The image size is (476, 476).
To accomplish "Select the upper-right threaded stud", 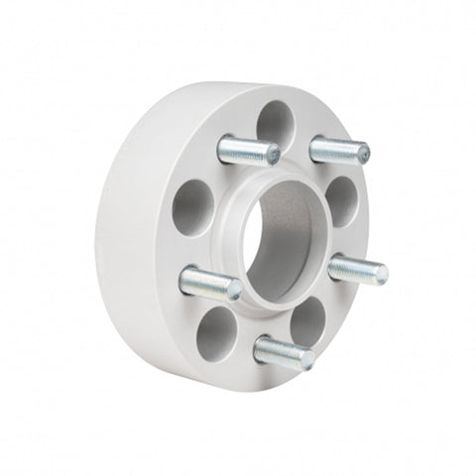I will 339,151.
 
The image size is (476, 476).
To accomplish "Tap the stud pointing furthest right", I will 357,268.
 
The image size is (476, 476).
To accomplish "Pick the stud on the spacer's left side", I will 210,284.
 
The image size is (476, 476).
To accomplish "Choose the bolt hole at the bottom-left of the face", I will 217,333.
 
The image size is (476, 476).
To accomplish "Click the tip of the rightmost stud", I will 381,271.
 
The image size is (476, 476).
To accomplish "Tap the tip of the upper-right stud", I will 364,155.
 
